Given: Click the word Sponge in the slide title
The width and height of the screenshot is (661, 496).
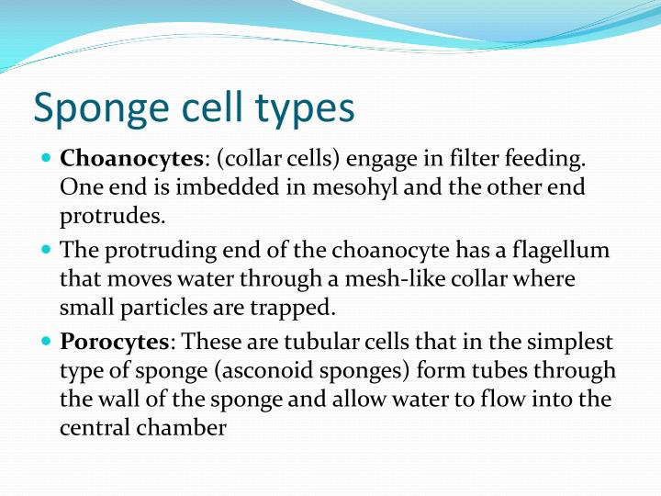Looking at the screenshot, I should coord(99,108).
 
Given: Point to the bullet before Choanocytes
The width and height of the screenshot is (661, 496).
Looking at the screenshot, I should coord(47,158).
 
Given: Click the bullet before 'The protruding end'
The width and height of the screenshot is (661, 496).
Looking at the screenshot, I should coord(47,250).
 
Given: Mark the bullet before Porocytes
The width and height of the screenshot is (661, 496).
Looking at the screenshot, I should coord(47,342).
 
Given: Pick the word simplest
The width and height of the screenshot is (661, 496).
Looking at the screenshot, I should coord(573,343).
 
